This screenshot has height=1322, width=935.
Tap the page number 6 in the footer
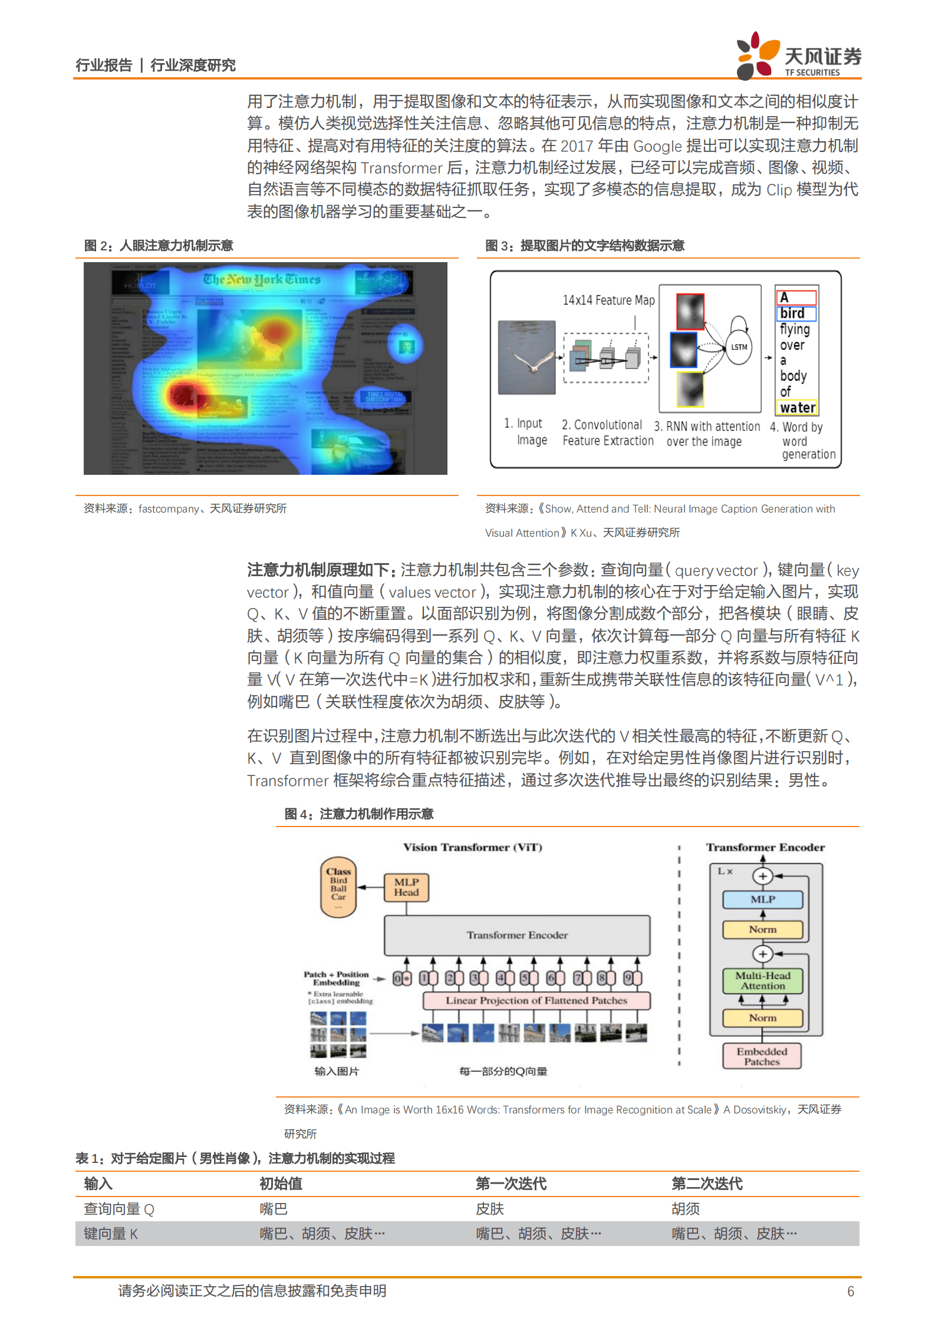click(x=850, y=1291)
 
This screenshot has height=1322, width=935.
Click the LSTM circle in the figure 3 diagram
click(x=739, y=347)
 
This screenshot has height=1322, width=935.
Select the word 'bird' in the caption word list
click(x=793, y=313)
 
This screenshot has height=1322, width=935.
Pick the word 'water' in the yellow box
click(x=798, y=407)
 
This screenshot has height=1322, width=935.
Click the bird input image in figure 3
click(x=526, y=357)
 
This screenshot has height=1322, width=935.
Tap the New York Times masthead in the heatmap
click(x=262, y=279)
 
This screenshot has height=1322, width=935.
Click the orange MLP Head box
click(x=406, y=887)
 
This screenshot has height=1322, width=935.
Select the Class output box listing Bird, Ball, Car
click(x=338, y=886)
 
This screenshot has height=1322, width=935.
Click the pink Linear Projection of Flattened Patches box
click(x=536, y=1000)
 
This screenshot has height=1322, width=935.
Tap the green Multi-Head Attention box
click(x=763, y=980)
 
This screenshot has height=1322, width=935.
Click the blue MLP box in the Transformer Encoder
click(x=763, y=899)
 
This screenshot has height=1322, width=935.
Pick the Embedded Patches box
click(x=762, y=1056)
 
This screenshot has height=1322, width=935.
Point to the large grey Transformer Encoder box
click(x=517, y=935)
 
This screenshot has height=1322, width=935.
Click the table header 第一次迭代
click(x=511, y=1184)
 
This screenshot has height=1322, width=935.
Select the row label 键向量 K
click(x=111, y=1233)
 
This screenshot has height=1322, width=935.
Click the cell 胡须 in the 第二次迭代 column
click(x=686, y=1209)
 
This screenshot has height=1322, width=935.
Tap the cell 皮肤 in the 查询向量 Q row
click(x=490, y=1209)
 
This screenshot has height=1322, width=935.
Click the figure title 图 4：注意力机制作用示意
click(x=358, y=814)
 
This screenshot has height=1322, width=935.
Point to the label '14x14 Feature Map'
click(x=608, y=300)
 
